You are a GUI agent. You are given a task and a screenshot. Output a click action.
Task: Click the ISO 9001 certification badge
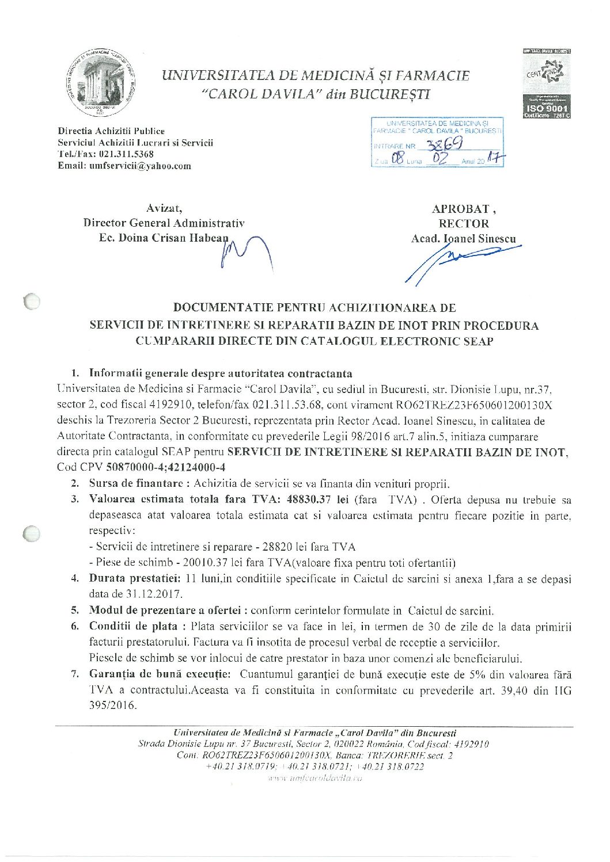[547, 84]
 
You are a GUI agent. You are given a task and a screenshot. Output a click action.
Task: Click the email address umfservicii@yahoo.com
[140, 166]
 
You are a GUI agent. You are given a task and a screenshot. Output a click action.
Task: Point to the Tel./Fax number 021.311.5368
[126, 154]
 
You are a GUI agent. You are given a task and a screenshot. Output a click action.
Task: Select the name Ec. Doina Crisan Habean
[164, 238]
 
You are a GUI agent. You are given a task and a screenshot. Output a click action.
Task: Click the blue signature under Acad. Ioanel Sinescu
[461, 259]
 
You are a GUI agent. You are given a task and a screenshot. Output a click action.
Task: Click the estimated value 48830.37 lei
[309, 499]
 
